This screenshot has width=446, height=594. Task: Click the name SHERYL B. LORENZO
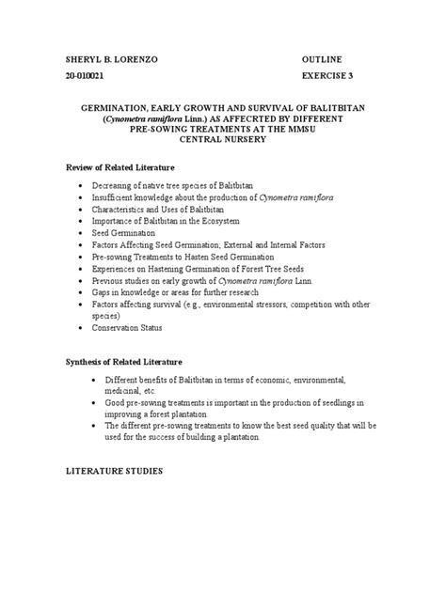[x=107, y=59]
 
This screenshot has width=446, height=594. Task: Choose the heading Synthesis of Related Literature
[x=124, y=361]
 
